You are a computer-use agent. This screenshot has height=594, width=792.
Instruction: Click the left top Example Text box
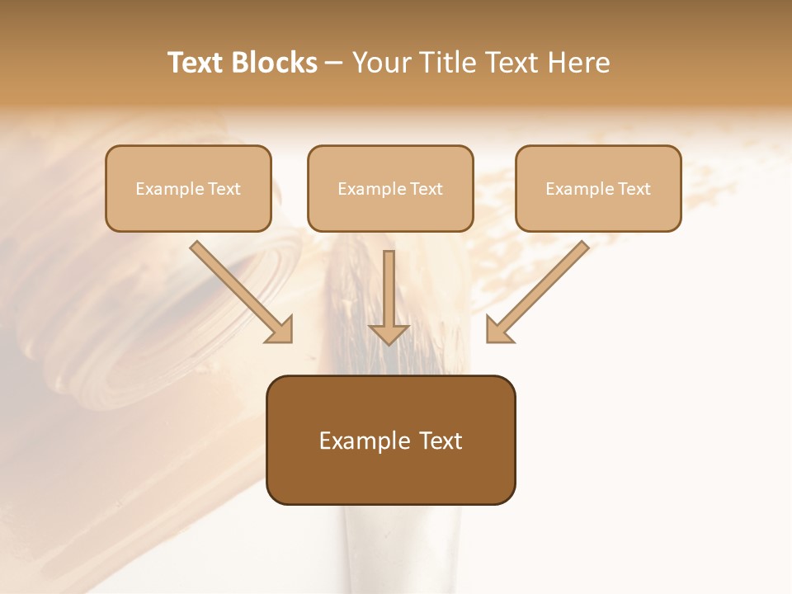[188, 188]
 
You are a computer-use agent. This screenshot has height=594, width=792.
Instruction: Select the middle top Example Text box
[390, 188]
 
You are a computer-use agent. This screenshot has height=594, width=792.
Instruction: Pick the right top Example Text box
[598, 188]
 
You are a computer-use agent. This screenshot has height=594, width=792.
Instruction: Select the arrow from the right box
[540, 290]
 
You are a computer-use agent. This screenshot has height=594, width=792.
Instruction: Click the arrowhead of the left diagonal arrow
[281, 330]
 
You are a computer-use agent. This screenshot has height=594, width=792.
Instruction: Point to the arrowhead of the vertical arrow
[389, 333]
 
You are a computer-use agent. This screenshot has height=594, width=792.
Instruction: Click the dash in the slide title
[334, 63]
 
